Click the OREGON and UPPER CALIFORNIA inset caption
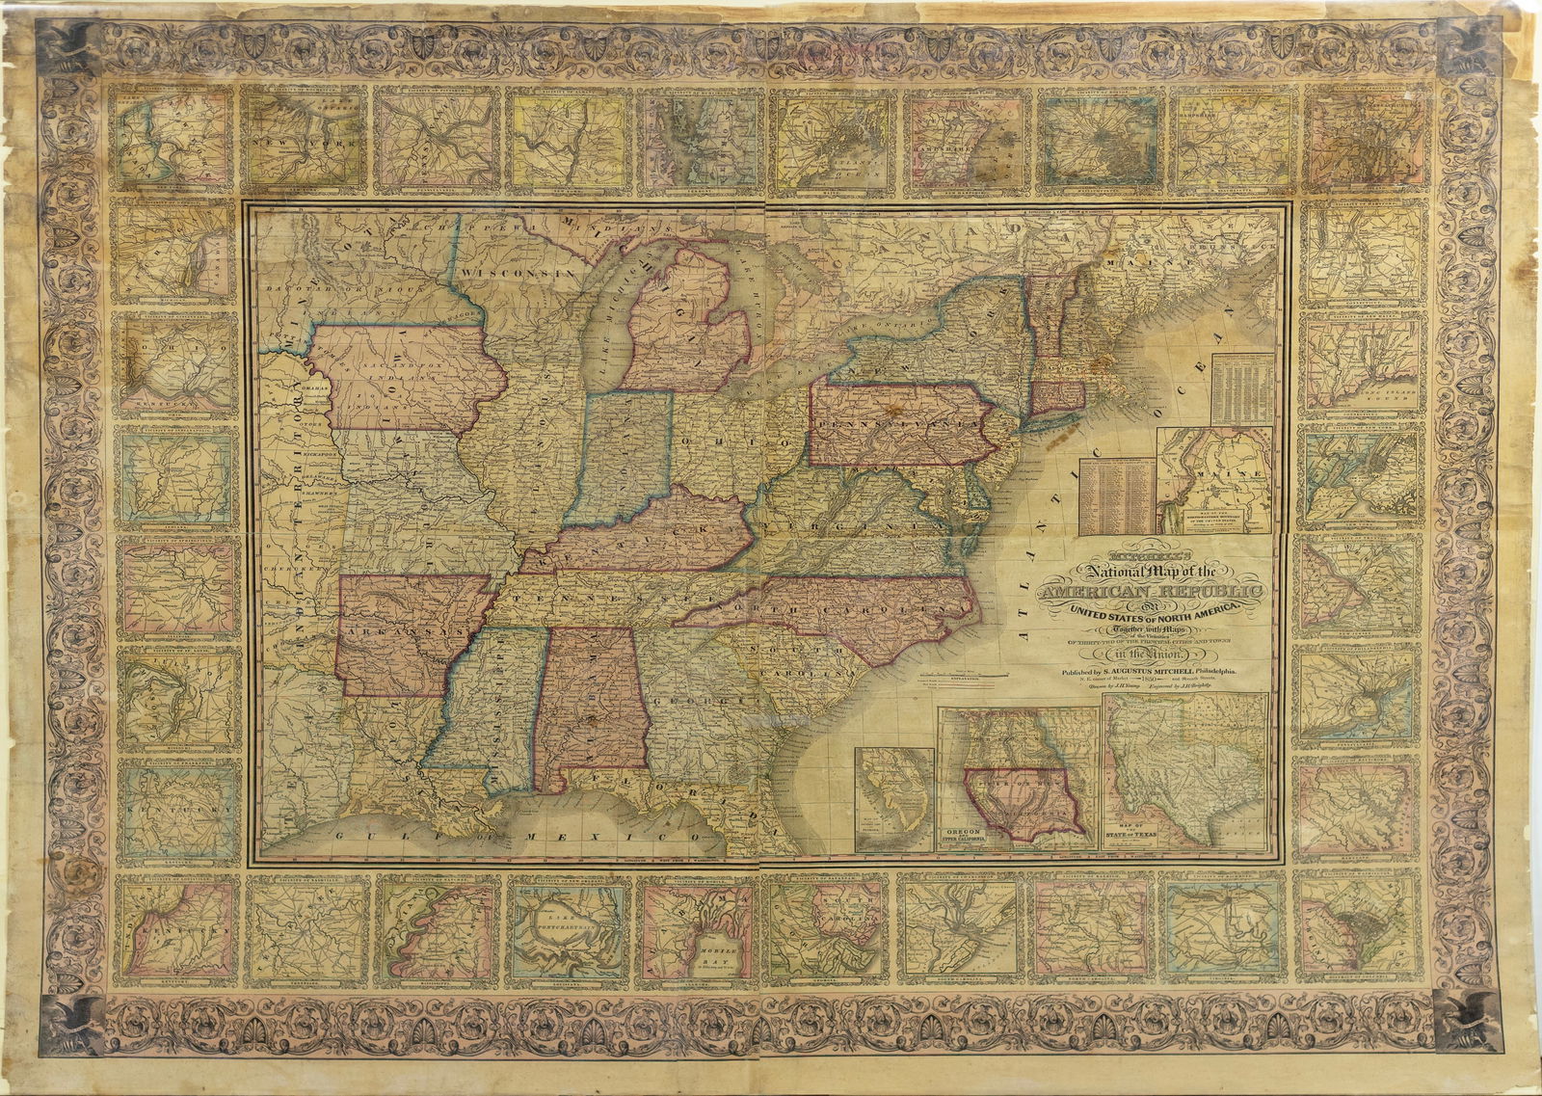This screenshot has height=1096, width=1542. tap(972, 837)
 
